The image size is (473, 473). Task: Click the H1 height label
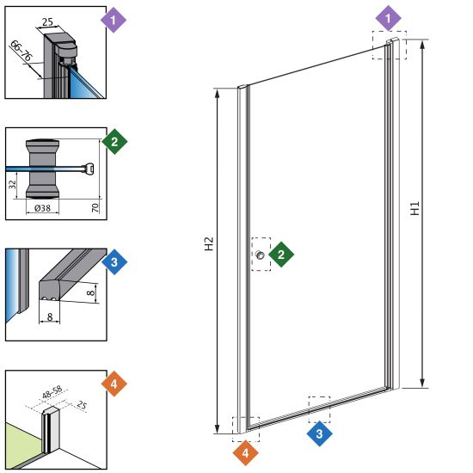coord(415,208)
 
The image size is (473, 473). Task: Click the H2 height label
coord(209,243)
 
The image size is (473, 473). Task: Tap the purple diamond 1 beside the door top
coord(388,18)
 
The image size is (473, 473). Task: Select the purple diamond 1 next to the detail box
coord(114,21)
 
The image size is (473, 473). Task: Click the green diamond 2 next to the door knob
coord(281,255)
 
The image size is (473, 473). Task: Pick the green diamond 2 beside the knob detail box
coord(114,142)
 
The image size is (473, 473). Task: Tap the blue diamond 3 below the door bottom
coord(319,433)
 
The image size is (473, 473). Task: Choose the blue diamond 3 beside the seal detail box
coord(114,261)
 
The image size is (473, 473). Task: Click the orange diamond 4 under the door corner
coord(246,452)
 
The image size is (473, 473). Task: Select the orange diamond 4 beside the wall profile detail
coord(114,384)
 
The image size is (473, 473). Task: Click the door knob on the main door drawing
coord(260,255)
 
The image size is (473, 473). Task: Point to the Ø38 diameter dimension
coord(42,208)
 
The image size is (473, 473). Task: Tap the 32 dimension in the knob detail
coord(12,185)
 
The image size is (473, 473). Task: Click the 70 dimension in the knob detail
coord(95,207)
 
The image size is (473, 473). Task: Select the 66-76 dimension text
coord(21,51)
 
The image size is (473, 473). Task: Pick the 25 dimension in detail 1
coord(47,22)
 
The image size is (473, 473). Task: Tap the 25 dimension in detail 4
coord(81,404)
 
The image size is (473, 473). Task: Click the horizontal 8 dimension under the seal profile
coord(50,316)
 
